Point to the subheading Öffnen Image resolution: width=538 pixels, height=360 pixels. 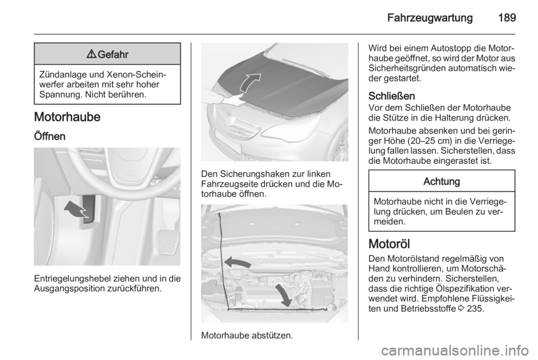tap(52, 136)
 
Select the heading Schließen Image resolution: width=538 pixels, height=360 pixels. tap(392, 96)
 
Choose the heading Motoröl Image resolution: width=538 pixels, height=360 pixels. tap(389, 244)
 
